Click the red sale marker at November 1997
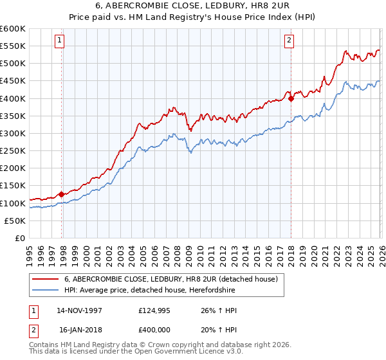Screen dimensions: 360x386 coord(62,194)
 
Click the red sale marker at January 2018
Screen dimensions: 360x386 coord(291,98)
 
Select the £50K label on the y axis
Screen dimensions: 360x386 coord(15,221)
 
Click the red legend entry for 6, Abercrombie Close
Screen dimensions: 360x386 coord(170,279)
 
